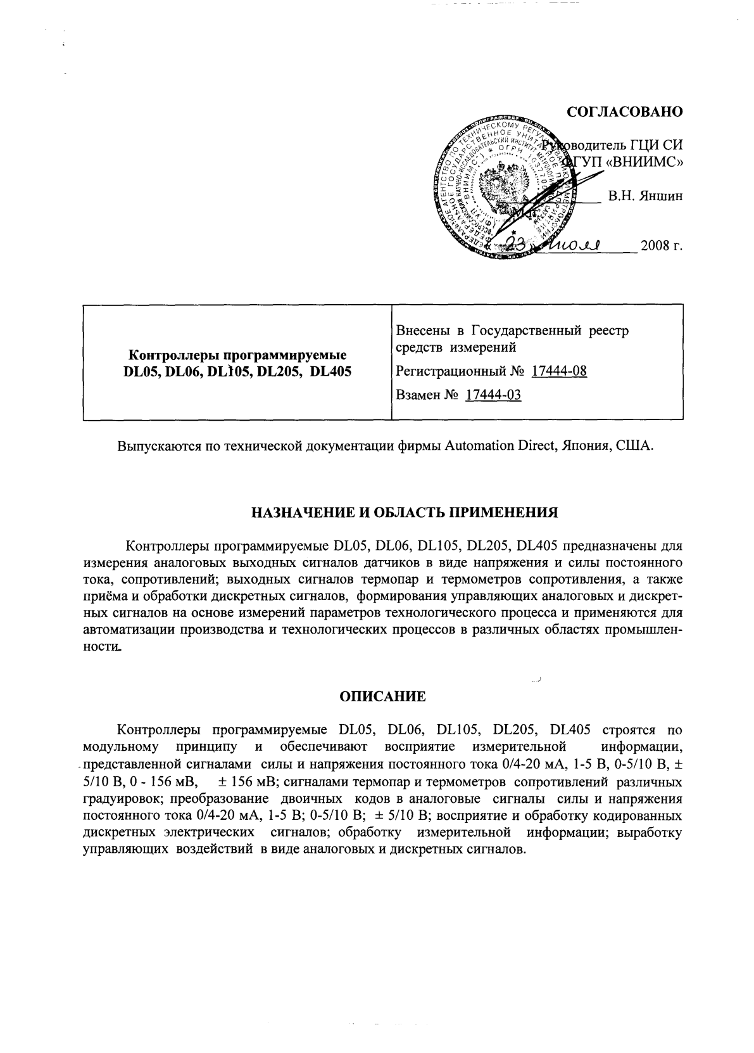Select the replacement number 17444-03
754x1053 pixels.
click(x=493, y=395)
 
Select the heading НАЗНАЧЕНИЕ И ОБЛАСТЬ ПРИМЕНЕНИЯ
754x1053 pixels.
click(x=382, y=513)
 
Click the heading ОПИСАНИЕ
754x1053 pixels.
click(x=382, y=697)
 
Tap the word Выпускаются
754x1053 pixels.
click(x=157, y=445)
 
